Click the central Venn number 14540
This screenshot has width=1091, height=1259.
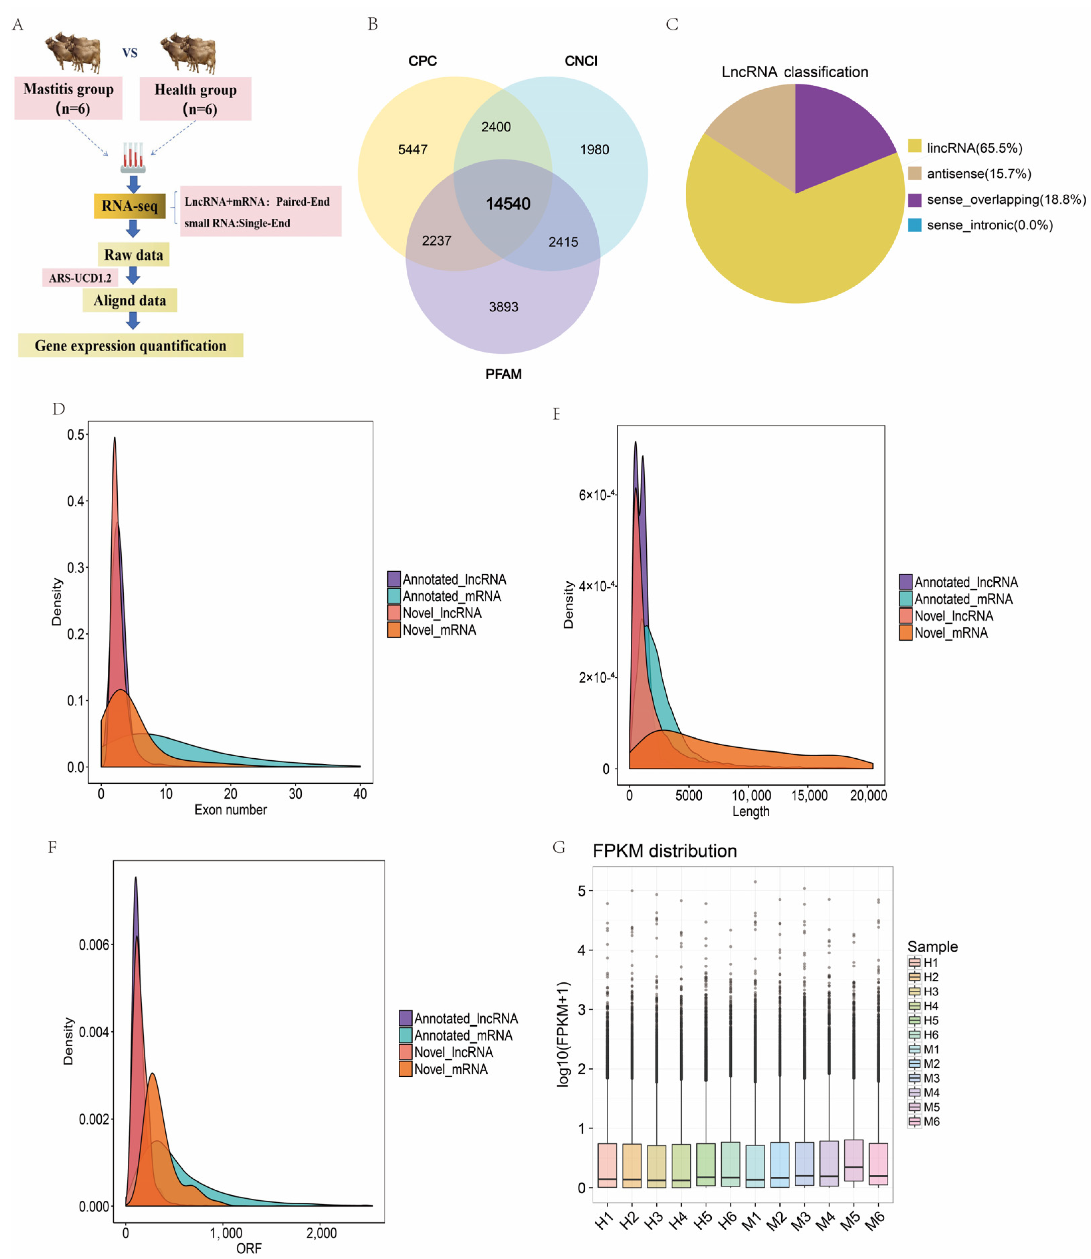[x=508, y=204]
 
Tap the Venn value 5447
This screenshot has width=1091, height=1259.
[x=413, y=150]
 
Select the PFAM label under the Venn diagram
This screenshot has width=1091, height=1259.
[x=503, y=374]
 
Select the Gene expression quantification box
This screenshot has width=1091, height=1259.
[x=130, y=346]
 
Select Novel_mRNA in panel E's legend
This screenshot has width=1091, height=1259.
[x=951, y=633]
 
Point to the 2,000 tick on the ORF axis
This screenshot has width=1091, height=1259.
[x=321, y=1234]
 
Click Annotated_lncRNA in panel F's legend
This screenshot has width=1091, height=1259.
[x=466, y=1019]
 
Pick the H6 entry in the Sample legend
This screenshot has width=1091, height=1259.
[x=930, y=1035]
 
